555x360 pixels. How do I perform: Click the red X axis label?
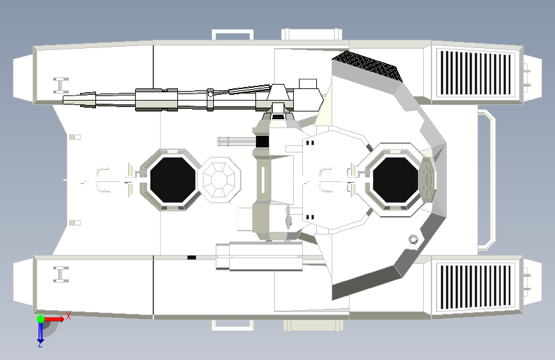pos(68,316)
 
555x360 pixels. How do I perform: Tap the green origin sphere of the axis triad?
pos(40,319)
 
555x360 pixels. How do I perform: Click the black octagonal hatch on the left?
pos(173,179)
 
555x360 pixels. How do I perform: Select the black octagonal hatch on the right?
pos(396,179)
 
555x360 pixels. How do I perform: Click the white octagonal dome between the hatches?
pos(219,180)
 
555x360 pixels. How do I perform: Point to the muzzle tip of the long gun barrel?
pos(64,99)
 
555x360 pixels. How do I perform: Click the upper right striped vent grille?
pos(476,73)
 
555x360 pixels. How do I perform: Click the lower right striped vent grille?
pos(476,286)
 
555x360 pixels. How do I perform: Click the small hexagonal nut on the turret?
pos(413,240)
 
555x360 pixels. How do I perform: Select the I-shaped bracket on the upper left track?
pos(61,85)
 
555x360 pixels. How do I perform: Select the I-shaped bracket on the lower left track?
pos(61,274)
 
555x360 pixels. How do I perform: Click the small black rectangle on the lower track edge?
pos(191,258)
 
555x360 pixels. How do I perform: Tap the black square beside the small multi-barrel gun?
pos(262,142)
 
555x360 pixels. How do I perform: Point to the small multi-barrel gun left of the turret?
pos(236,142)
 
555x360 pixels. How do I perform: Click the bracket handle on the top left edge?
pos(232,35)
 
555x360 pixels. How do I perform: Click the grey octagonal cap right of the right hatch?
pos(427,179)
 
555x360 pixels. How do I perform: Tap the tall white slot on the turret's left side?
pos(263,179)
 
